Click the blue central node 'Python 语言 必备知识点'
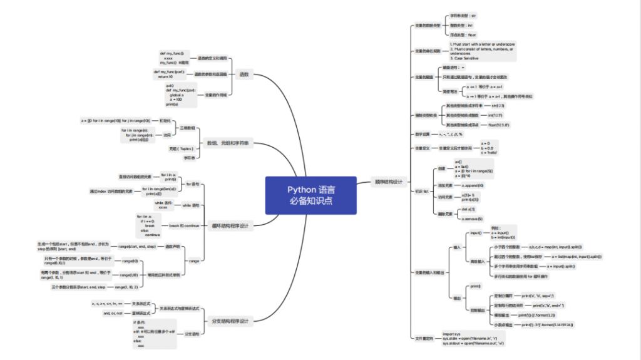[310, 195]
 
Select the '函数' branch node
[244, 75]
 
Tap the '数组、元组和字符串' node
[228, 143]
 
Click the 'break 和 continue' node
[184, 225]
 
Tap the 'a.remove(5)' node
[471, 219]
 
